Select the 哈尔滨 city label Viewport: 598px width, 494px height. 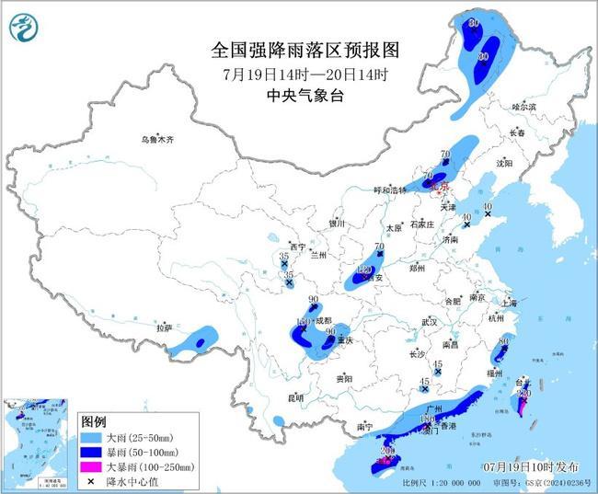(523, 108)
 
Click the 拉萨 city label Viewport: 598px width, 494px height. (164, 327)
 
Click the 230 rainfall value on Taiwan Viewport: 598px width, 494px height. (525, 394)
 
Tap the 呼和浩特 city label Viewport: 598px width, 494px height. (389, 190)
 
